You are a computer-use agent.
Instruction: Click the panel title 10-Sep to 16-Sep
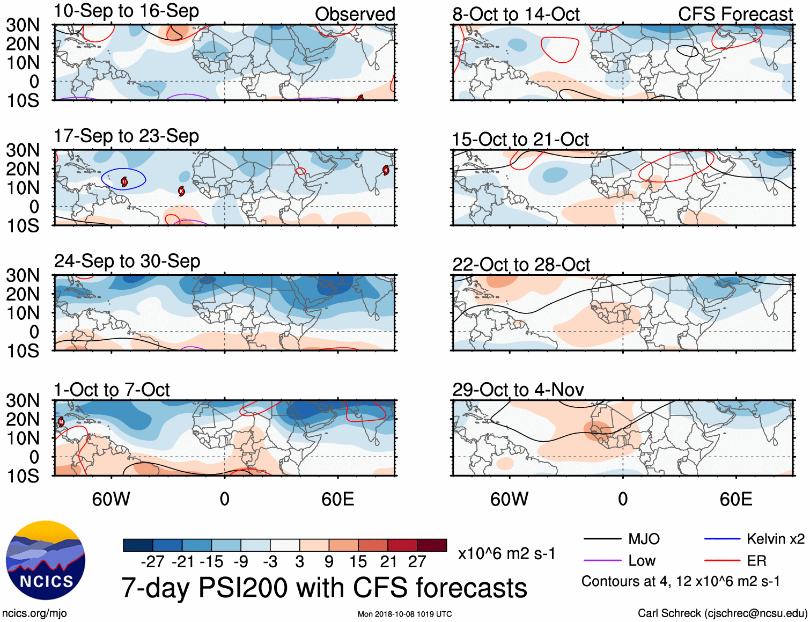pos(126,11)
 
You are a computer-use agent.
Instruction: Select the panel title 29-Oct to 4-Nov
pos(518,390)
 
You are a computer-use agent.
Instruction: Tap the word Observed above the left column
pos(355,14)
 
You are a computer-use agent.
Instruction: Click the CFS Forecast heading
pos(735,14)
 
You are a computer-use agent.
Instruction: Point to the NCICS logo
pos(46,561)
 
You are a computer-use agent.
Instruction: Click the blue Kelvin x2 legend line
pos(722,539)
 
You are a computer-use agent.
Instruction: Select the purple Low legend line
pos(602,561)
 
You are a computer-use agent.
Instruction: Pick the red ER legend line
pos(722,561)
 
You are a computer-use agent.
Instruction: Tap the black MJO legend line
pos(602,539)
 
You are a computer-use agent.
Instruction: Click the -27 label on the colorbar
pos(152,562)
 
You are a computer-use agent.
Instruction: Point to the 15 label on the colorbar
pos(358,562)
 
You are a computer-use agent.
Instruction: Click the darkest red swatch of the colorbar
pos(432,545)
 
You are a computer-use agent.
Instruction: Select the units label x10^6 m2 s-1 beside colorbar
pos(506,553)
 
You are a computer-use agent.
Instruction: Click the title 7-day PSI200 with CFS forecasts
pos(324,588)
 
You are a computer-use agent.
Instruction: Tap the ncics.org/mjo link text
pos(34,613)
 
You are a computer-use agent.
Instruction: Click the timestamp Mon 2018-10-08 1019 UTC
pos(404,614)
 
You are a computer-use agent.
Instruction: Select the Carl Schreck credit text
pos(722,613)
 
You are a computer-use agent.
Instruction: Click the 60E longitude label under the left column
pos(337,500)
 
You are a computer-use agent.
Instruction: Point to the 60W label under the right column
pos(509,500)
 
